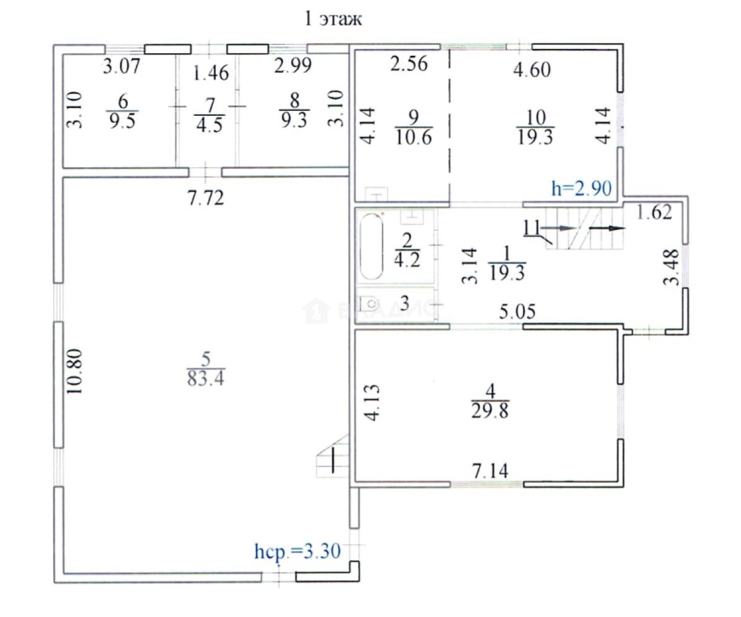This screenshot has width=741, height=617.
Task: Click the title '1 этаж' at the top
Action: (x=332, y=19)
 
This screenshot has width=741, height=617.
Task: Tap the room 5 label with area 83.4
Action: (x=205, y=369)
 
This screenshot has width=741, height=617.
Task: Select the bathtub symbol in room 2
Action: (x=372, y=246)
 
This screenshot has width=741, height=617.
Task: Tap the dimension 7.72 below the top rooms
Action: (x=206, y=198)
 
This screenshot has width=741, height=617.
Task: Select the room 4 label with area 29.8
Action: (x=489, y=401)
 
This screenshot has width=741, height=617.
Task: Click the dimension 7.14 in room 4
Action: (x=490, y=471)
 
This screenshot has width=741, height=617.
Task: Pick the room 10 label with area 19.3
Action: (x=535, y=127)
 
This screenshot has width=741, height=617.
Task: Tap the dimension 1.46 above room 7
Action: (x=211, y=73)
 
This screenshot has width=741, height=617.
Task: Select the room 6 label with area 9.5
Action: (x=122, y=112)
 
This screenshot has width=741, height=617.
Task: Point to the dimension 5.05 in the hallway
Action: (x=517, y=311)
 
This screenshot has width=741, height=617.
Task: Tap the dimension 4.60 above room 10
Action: (x=532, y=70)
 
